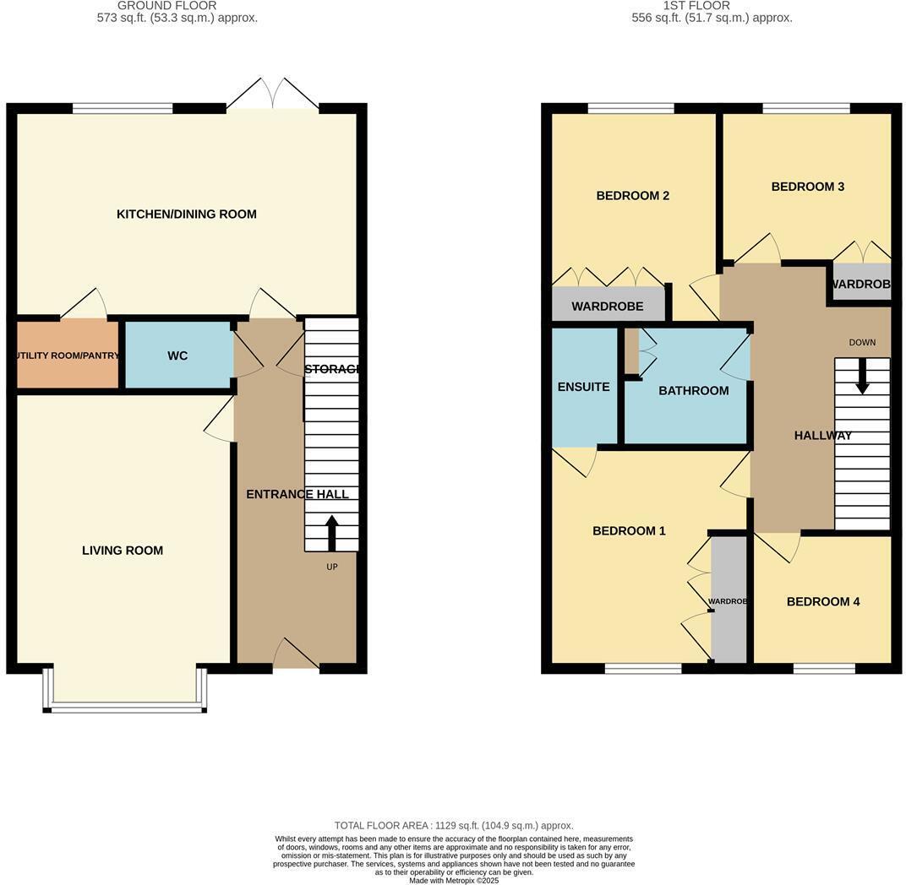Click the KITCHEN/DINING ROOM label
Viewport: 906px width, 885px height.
(186, 214)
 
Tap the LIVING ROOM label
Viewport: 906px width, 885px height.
(123, 551)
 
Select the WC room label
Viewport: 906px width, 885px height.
(177, 356)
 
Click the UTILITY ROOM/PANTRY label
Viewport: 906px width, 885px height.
(68, 356)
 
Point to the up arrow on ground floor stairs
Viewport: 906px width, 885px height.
(331, 533)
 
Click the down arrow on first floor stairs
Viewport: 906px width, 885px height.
(862, 377)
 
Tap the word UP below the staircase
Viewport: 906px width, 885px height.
(331, 567)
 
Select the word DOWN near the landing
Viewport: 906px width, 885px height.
(862, 342)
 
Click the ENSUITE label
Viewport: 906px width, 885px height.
(583, 387)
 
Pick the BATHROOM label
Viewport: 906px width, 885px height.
(693, 391)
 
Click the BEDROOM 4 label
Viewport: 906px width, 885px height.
(822, 602)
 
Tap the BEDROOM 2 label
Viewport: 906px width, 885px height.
(632, 196)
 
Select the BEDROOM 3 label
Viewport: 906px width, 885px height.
(807, 187)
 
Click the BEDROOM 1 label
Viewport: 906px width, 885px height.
(629, 531)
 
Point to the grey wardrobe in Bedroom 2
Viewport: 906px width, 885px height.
(608, 306)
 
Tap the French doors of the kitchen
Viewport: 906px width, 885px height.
(272, 95)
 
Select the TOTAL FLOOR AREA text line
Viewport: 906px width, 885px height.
(453, 826)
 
